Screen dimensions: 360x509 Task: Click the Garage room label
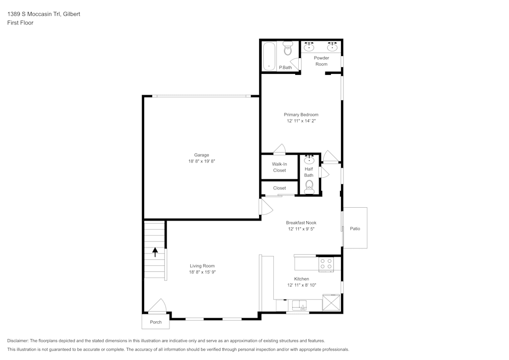(x=202, y=155)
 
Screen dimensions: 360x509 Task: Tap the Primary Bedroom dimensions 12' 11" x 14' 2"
(x=301, y=121)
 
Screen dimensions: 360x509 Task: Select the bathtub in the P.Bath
(x=268, y=56)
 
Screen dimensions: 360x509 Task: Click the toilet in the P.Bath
(x=288, y=49)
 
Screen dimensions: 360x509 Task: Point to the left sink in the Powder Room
(x=309, y=47)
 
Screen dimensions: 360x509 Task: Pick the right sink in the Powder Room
(x=332, y=47)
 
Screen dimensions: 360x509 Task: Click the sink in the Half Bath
(x=309, y=160)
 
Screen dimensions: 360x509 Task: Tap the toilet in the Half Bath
(x=309, y=186)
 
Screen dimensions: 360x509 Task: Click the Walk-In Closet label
(x=279, y=167)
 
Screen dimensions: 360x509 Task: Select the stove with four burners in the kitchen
(x=326, y=264)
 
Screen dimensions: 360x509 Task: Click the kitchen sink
(x=299, y=306)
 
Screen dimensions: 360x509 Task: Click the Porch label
(x=155, y=322)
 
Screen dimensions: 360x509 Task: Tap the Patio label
(x=355, y=229)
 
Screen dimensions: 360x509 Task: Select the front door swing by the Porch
(x=158, y=306)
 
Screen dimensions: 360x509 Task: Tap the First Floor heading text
(x=20, y=23)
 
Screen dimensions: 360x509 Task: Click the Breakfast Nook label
(x=301, y=223)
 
